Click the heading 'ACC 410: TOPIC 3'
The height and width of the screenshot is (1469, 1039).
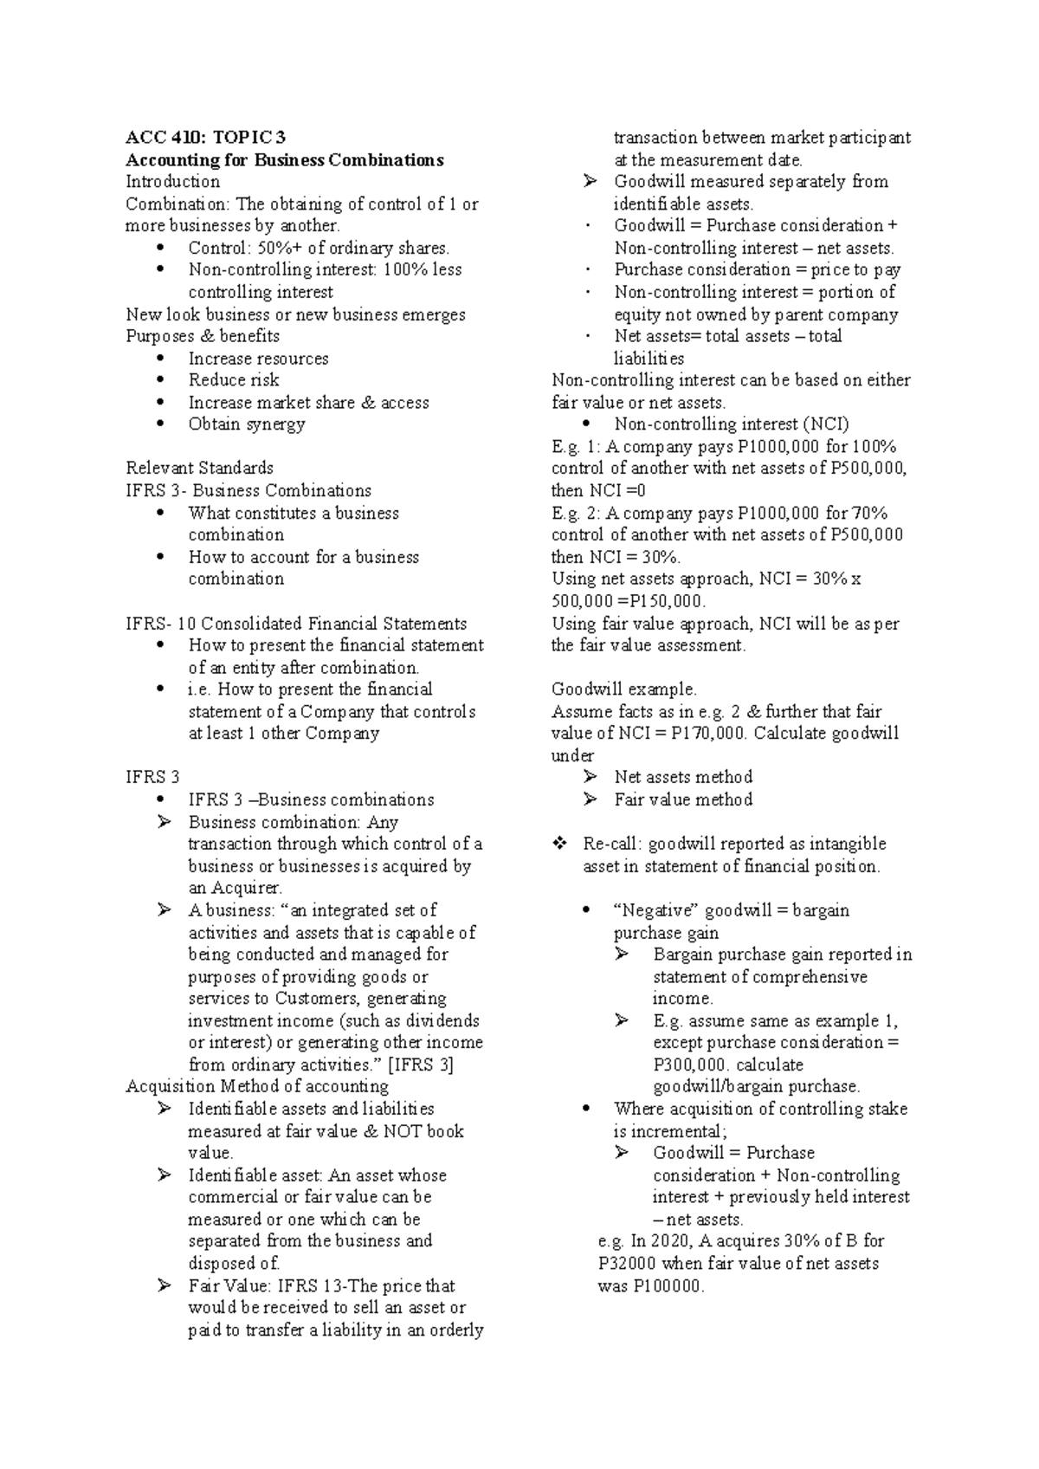click(x=205, y=138)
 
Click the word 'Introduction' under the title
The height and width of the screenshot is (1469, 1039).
click(x=172, y=182)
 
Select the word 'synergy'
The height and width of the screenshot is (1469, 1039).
click(x=275, y=424)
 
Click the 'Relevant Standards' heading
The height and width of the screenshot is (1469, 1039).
click(x=199, y=469)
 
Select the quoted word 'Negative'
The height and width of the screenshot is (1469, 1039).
click(x=655, y=910)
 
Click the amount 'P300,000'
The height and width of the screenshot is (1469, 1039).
click(x=692, y=1065)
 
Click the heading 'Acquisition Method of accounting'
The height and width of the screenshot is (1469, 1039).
click(x=257, y=1087)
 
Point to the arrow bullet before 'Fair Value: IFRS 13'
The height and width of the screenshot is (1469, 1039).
click(x=165, y=1286)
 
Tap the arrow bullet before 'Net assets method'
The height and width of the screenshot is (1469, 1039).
click(x=590, y=777)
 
